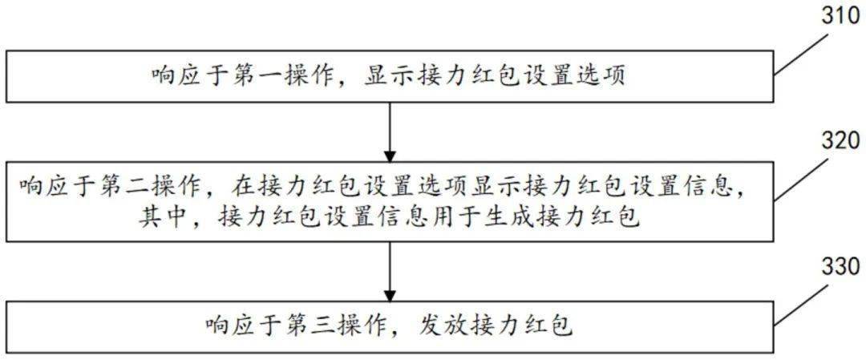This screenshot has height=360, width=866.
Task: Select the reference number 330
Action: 838,269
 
